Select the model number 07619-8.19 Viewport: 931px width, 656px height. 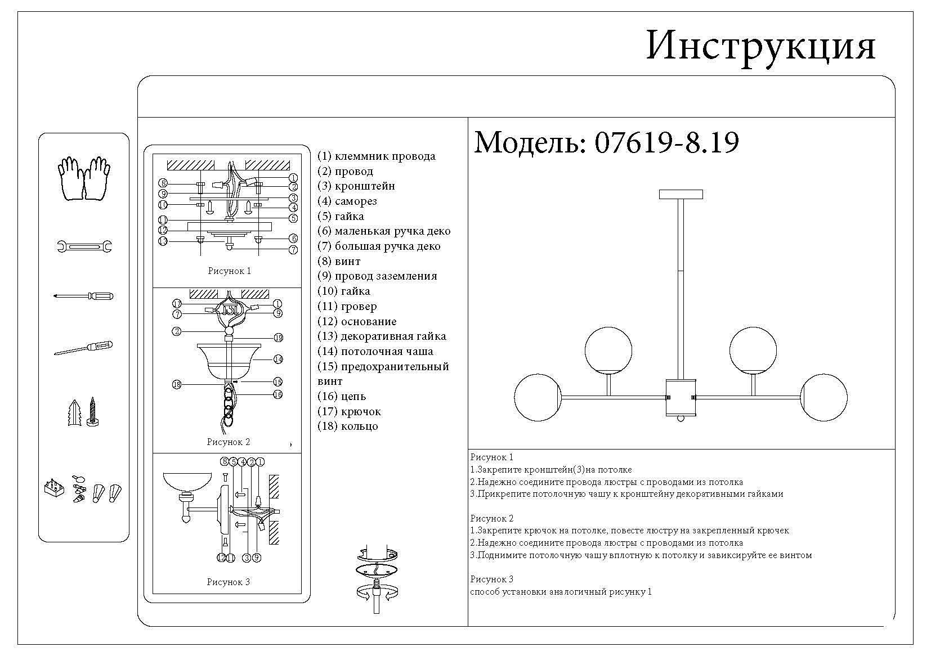tap(666, 143)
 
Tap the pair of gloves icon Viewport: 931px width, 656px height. tap(84, 178)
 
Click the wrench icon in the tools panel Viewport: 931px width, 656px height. tap(84, 246)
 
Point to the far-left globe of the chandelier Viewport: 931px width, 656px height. tap(538, 397)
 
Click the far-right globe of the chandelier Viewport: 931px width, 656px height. tap(823, 397)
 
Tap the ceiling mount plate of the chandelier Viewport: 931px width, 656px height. tap(681, 195)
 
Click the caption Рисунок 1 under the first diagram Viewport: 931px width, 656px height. tap(229, 271)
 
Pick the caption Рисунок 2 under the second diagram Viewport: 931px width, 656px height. tap(228, 442)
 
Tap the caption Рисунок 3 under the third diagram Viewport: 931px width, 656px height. tap(228, 582)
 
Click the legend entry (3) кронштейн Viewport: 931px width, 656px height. tap(356, 186)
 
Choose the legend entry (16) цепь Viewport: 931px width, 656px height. tap(342, 397)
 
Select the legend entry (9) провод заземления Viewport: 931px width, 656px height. tap(377, 276)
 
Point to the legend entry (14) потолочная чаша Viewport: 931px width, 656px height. tap(375, 352)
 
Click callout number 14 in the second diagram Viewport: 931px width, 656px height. tap(277, 359)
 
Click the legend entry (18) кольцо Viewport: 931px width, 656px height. tap(348, 426)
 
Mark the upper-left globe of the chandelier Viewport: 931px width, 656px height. tap(608, 349)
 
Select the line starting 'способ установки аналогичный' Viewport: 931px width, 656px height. tap(561, 592)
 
